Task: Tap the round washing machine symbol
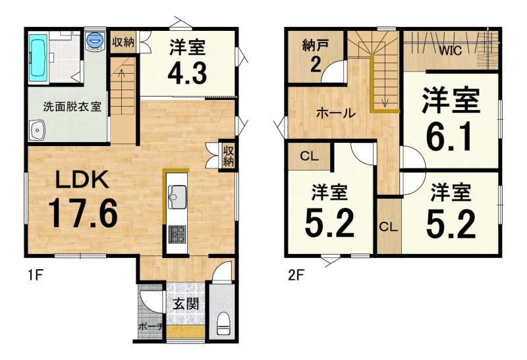pyautogui.click(x=94, y=40)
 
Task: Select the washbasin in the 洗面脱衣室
pyautogui.click(x=37, y=130)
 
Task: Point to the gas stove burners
pyautogui.click(x=177, y=234)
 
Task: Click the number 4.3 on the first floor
pyautogui.click(x=187, y=73)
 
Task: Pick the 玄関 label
pyautogui.click(x=186, y=304)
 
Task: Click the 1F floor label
pyautogui.click(x=35, y=276)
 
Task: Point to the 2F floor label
pyautogui.click(x=296, y=276)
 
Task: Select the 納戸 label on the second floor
pyautogui.click(x=316, y=45)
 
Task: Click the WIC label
pyautogui.click(x=451, y=51)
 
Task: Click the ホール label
pyautogui.click(x=336, y=113)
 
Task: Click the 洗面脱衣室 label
pyautogui.click(x=72, y=107)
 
